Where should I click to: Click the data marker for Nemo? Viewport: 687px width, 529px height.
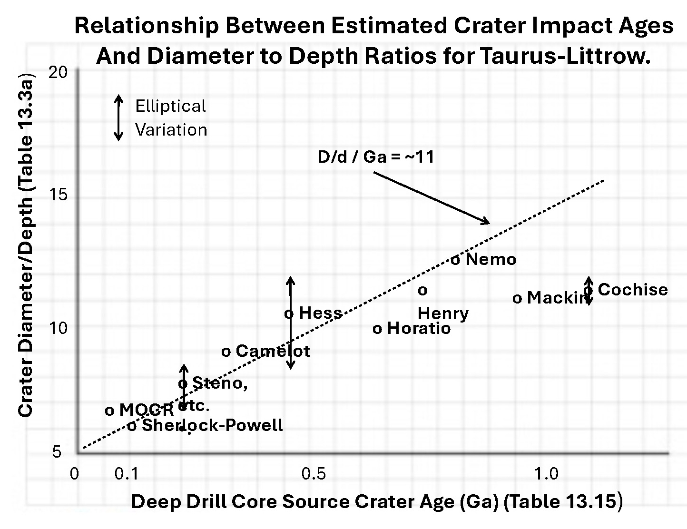[x=455, y=260]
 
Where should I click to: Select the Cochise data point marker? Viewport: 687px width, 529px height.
[x=589, y=290]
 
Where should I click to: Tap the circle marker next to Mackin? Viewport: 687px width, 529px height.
[x=517, y=299]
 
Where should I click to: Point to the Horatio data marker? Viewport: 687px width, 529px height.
[x=377, y=329]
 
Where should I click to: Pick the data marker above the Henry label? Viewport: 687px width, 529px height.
[x=422, y=290]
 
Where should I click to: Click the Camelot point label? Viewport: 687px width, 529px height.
[x=273, y=351]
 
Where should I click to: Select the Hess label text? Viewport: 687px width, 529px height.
[x=321, y=313]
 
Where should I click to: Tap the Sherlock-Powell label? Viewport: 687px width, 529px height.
[x=213, y=425]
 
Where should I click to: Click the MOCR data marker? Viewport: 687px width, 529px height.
[x=109, y=411]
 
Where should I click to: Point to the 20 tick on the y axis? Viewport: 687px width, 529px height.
[x=59, y=72]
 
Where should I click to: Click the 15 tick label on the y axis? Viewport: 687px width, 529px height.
[x=59, y=196]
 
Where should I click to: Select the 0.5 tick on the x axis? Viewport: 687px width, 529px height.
[x=314, y=474]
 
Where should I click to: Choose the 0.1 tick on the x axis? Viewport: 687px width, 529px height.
[x=126, y=474]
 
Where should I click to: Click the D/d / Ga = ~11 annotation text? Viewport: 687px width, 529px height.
[x=376, y=157]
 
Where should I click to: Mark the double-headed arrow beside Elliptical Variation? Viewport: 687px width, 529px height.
[x=119, y=118]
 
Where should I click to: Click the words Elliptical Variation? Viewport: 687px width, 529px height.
[x=171, y=118]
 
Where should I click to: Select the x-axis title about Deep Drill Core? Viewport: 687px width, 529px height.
[x=376, y=502]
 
